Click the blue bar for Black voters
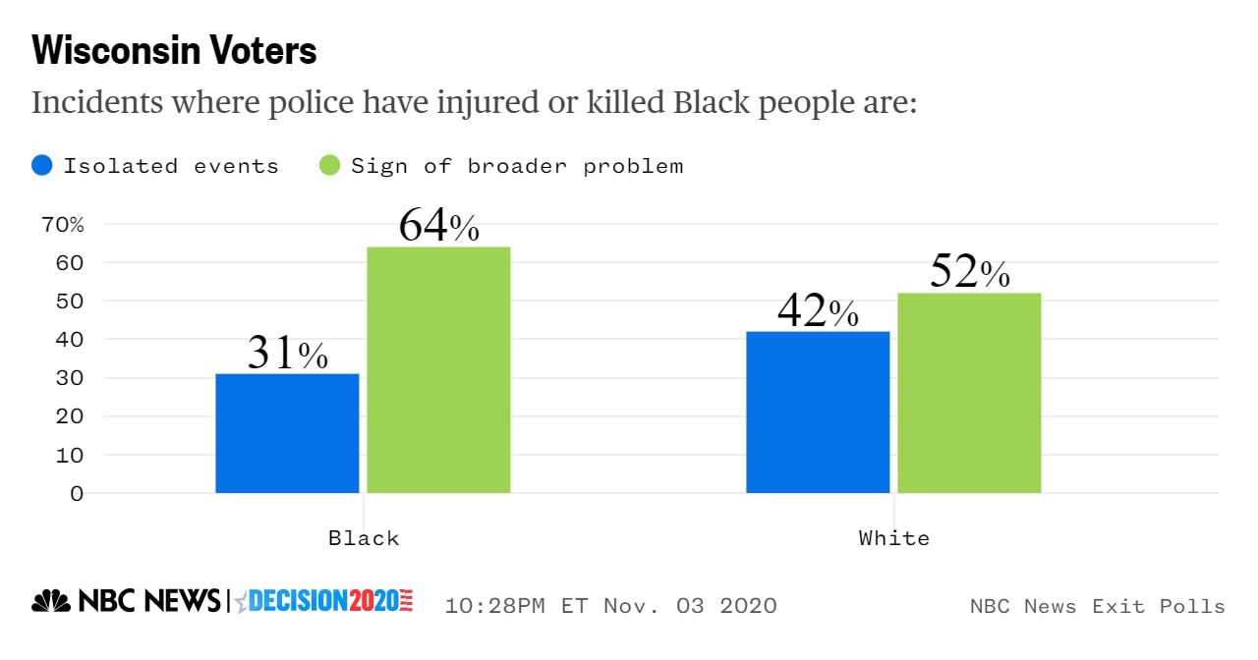coord(287,433)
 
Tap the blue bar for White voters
coord(818,412)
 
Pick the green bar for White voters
coord(969,393)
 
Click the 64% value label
coord(438,226)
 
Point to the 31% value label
coord(287,354)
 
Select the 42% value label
coord(818,311)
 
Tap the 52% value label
coord(969,272)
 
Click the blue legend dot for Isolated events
coord(42,165)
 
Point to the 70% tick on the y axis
coord(63,224)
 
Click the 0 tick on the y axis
coord(77,493)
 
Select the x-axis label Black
coord(364,538)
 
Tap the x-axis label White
coord(893,538)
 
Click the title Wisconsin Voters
coord(174,51)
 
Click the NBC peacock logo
coord(50,601)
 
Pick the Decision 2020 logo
coord(324,601)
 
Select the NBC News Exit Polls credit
coord(1097,606)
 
